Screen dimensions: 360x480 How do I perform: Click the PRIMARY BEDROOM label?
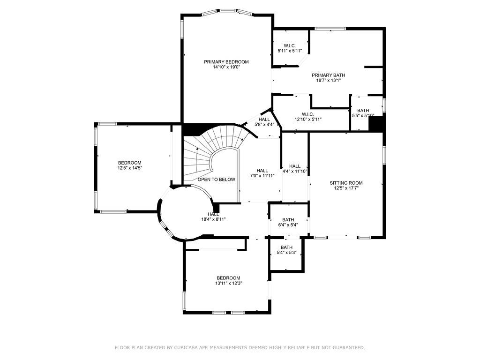(226, 62)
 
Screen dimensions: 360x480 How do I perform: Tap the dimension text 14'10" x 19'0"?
(226, 67)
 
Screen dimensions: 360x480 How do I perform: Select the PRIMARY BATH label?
(328, 75)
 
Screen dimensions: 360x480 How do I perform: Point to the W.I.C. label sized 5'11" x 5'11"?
(289, 45)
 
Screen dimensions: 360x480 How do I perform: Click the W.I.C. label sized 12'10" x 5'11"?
(307, 114)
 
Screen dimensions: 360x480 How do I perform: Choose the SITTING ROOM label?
(346, 183)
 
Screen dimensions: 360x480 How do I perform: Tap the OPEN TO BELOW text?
(216, 180)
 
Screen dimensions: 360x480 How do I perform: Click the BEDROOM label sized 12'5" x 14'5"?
(129, 163)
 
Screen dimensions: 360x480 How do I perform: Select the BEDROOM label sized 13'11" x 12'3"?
(228, 278)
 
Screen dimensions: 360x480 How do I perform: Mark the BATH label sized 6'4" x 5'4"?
(288, 220)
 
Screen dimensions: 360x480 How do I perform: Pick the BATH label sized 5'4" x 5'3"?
(286, 247)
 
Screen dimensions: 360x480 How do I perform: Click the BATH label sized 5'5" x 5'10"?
(363, 111)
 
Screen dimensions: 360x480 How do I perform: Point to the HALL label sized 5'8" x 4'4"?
(264, 120)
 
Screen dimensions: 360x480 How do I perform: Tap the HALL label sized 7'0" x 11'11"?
(262, 171)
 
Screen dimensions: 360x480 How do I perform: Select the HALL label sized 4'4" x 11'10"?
(295, 166)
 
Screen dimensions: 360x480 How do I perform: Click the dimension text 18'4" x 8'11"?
(214, 219)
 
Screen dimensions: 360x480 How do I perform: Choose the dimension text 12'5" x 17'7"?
(346, 188)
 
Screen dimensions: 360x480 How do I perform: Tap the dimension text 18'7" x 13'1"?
(328, 80)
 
